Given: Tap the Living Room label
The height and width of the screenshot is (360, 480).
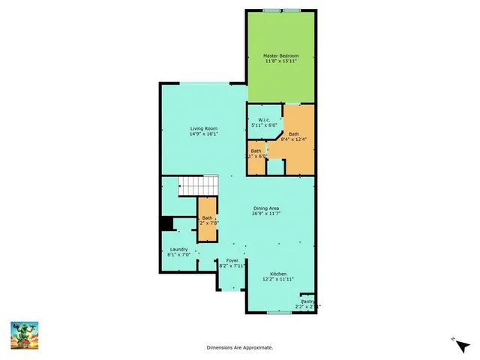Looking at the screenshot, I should tap(202, 129).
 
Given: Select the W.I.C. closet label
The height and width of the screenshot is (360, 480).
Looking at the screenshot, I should tap(264, 120).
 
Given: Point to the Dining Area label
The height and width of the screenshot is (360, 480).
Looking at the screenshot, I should tap(267, 208).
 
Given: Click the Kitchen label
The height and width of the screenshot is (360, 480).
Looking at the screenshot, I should tap(278, 274).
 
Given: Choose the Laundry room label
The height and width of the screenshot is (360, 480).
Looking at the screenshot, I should tap(178, 249).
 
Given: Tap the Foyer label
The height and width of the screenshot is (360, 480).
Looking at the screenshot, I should tap(232, 260).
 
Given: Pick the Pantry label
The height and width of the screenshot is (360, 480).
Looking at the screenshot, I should tap(307, 301).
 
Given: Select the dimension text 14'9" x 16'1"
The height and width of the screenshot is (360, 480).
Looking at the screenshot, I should tap(202, 135).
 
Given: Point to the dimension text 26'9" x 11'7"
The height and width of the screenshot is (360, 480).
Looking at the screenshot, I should tap(267, 214).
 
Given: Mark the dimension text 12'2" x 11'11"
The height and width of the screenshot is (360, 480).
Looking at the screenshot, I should tap(278, 280).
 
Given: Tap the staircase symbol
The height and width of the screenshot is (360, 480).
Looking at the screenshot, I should tap(198, 185).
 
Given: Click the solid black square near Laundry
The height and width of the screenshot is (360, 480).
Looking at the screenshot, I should tap(167, 223).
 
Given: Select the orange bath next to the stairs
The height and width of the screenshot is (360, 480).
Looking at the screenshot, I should tap(207, 220).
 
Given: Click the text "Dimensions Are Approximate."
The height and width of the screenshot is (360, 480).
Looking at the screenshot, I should tap(240, 347).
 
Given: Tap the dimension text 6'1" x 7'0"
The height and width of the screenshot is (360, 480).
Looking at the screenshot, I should tap(178, 255).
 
